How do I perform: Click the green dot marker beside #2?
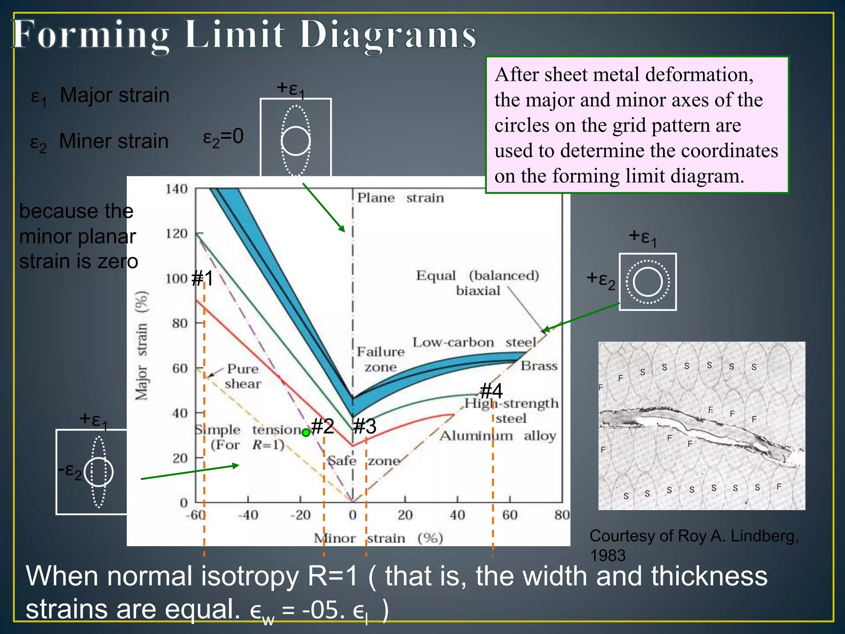306,433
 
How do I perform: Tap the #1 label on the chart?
203,278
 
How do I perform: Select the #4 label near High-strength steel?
491,390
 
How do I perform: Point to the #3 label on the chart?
365,426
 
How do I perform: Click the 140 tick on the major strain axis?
177,189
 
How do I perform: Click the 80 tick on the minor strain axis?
562,515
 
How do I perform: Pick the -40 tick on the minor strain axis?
248,515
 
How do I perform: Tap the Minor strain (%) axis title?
378,538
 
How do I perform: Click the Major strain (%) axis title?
142,345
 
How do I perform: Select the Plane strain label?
400,198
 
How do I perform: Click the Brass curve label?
538,366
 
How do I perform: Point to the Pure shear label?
243,376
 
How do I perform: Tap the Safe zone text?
363,461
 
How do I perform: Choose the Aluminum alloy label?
498,436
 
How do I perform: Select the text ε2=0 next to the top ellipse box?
223,137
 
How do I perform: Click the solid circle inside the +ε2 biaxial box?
647,282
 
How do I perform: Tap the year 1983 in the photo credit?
607,556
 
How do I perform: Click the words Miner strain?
114,141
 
